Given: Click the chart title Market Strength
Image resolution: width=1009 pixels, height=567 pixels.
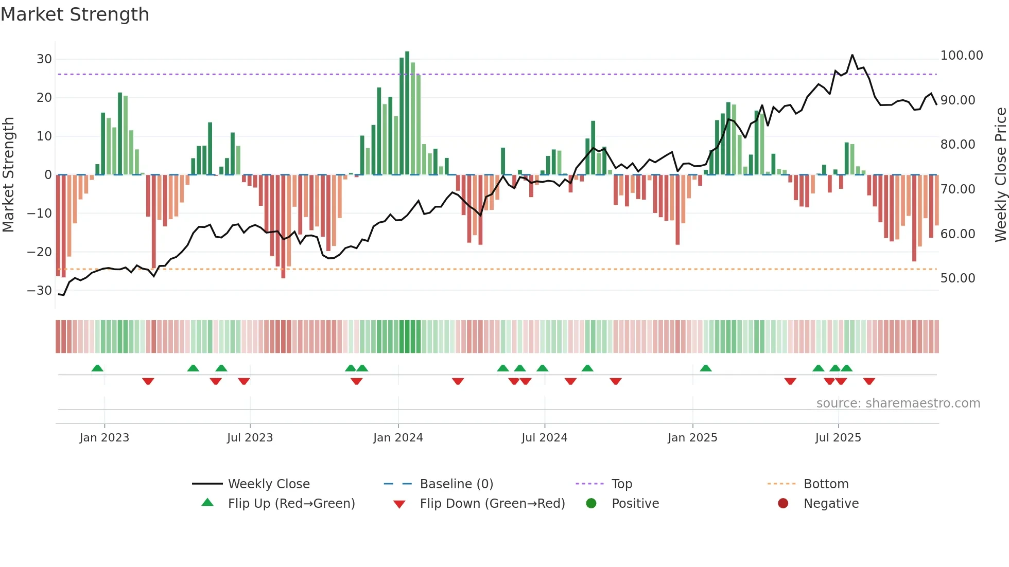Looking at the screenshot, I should (x=75, y=14).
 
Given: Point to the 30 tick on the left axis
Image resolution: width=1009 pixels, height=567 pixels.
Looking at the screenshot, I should (x=44, y=59).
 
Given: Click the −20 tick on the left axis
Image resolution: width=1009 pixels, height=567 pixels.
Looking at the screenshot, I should (x=40, y=252).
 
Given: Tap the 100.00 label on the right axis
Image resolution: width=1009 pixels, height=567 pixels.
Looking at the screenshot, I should (x=961, y=56).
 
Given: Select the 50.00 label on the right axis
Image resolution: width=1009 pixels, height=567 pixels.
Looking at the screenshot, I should (x=958, y=278).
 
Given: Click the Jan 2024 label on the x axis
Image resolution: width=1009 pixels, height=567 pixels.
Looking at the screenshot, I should (x=398, y=438).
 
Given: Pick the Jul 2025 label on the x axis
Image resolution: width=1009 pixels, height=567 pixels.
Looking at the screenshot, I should (x=838, y=438).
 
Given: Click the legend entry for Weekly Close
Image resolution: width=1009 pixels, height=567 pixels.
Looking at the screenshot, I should (x=269, y=484).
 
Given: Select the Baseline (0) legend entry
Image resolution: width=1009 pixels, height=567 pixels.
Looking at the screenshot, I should (x=456, y=484).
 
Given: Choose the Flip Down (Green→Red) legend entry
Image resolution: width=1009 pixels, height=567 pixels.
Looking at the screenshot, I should (x=492, y=504).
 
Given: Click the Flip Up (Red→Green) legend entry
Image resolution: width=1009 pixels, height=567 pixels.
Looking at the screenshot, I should (x=291, y=504).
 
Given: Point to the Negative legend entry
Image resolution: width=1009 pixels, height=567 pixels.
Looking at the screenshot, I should (x=831, y=504).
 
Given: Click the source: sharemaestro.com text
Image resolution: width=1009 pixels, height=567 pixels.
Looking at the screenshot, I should (x=898, y=403).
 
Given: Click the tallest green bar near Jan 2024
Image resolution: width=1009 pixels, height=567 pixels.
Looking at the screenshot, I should (x=407, y=113).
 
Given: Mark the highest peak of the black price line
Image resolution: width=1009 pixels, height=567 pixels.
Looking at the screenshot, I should (x=853, y=55).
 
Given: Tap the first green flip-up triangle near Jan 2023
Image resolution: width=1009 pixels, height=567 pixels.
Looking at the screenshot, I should (x=97, y=368).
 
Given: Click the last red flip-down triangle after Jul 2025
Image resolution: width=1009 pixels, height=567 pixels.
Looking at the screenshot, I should (x=869, y=381).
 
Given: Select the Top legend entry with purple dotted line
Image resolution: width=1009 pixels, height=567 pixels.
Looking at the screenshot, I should (x=621, y=484).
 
